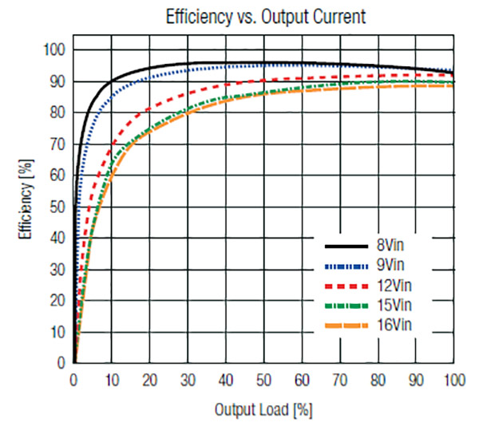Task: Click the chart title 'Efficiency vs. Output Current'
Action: pyautogui.click(x=266, y=16)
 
